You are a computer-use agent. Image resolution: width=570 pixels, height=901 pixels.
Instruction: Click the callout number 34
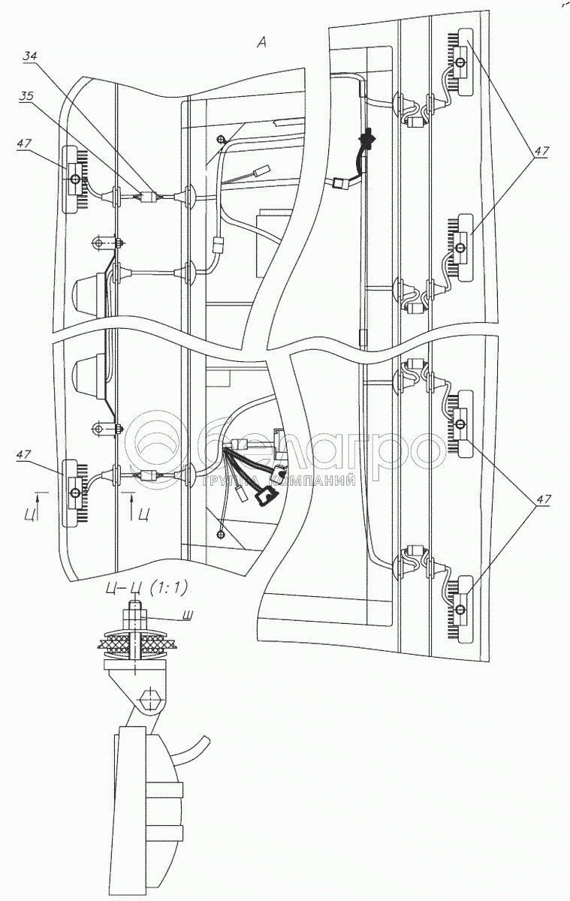(x=29, y=56)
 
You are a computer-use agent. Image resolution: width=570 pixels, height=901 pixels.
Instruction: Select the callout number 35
(x=26, y=97)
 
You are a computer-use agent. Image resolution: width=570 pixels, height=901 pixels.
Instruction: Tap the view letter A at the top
(x=261, y=42)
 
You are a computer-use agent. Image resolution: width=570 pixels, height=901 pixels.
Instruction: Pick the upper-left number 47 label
(x=24, y=143)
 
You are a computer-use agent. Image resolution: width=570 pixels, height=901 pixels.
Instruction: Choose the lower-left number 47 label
(x=24, y=454)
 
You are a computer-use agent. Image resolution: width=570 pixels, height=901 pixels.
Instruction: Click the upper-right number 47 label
(x=541, y=152)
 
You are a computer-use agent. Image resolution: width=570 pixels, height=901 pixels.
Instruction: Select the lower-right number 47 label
(x=542, y=499)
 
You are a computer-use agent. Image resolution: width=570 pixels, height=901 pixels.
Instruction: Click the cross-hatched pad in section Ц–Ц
(x=137, y=643)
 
